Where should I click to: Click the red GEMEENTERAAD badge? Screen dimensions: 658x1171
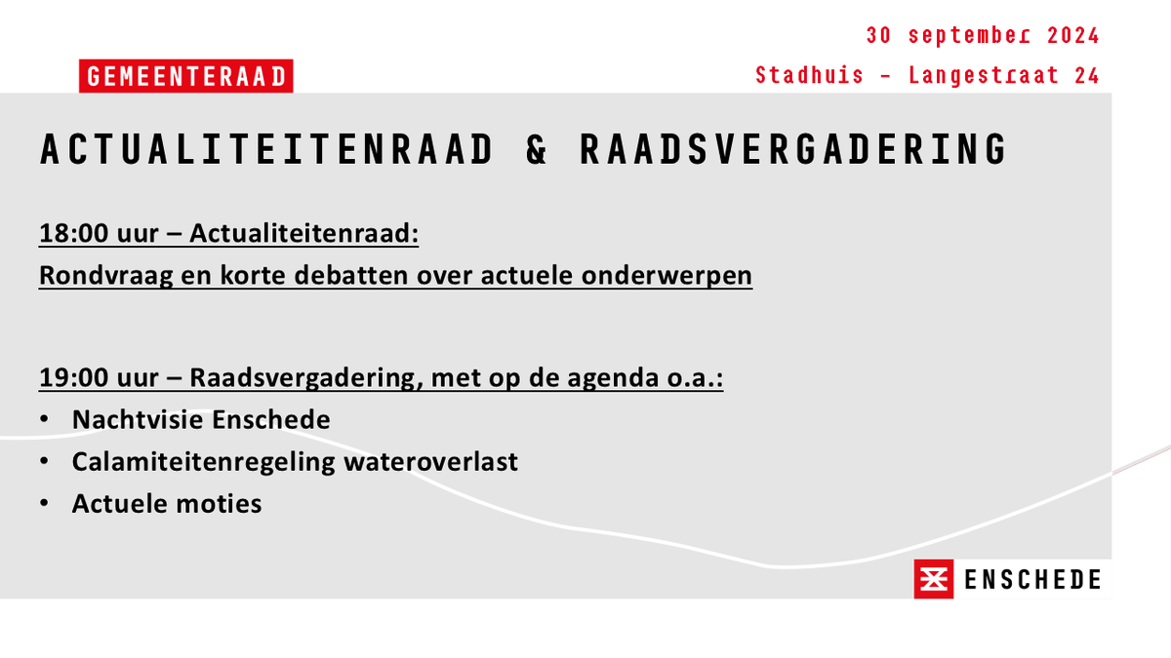(x=185, y=77)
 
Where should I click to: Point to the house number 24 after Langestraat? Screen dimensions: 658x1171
(x=1086, y=75)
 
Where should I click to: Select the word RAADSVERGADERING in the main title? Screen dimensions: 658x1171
(x=792, y=150)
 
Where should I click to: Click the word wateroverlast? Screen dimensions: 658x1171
(x=430, y=462)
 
